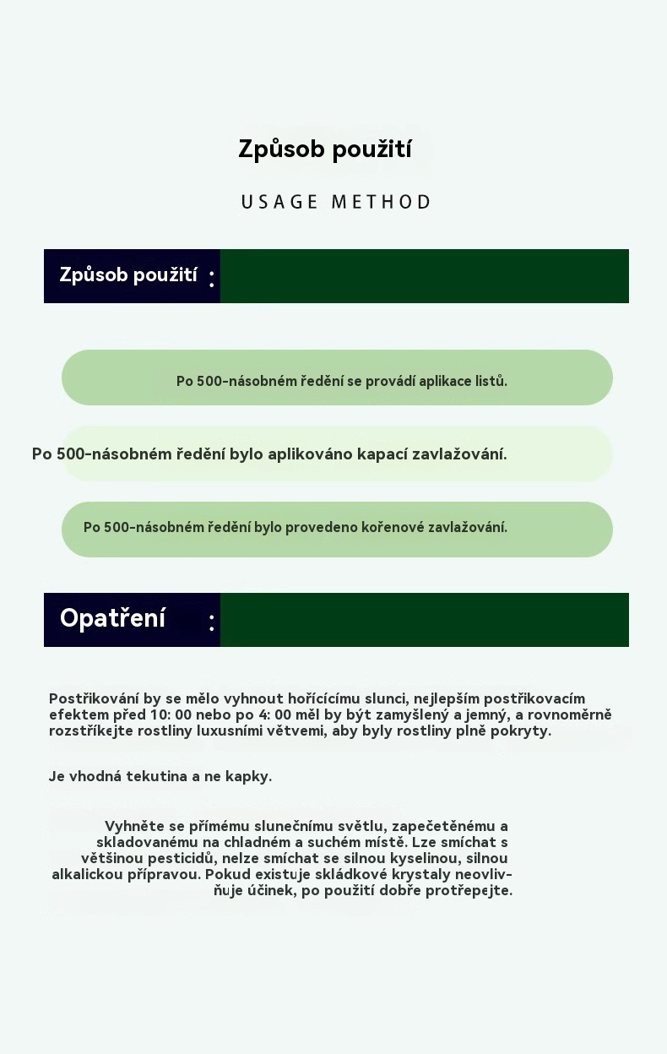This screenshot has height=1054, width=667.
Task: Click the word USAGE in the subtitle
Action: (279, 203)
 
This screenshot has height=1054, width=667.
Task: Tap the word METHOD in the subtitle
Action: (381, 203)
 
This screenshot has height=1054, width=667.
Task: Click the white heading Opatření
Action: (112, 618)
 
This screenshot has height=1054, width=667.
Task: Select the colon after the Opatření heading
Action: (211, 623)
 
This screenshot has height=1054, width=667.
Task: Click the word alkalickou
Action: (87, 874)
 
